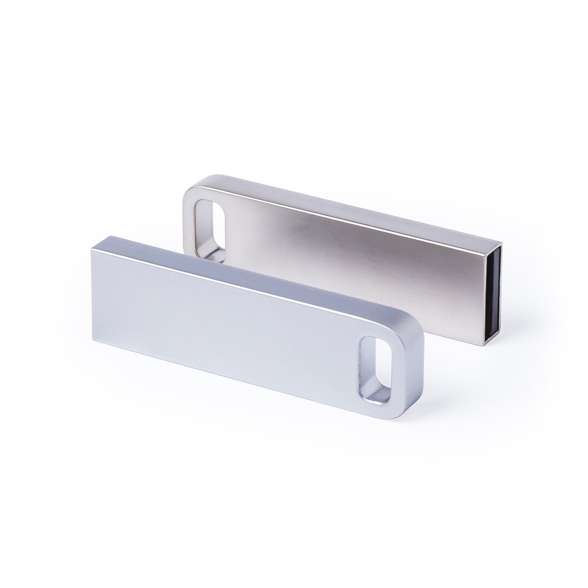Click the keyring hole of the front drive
[x=375, y=368]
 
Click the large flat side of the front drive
[x=229, y=321]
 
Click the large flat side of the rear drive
[x=354, y=267]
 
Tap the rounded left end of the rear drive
[x=188, y=218]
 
